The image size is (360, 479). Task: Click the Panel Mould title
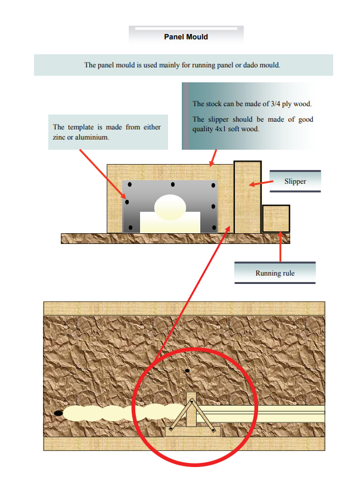click(186, 37)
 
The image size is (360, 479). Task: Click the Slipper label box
click(295, 181)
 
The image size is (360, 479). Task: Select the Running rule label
click(275, 273)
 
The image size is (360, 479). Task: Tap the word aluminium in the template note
click(92, 137)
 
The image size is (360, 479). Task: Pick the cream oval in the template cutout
click(170, 207)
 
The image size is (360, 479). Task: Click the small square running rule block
click(276, 219)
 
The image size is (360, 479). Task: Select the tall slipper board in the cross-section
click(247, 197)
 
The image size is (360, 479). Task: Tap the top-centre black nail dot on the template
click(173, 184)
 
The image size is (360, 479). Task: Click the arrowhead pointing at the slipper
click(252, 184)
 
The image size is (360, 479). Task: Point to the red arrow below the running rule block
click(280, 247)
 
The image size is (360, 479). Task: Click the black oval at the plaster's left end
click(58, 413)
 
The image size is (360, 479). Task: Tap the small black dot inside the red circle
click(187, 371)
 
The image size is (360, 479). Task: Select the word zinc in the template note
click(59, 137)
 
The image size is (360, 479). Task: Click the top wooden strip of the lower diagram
click(184, 308)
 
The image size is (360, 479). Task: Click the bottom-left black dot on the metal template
click(131, 228)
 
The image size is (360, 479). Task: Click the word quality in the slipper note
click(203, 129)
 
